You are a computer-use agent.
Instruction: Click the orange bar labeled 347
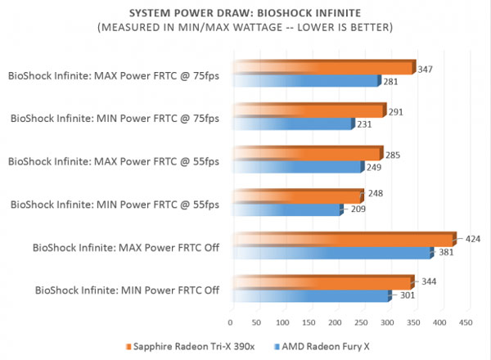coord(323,67)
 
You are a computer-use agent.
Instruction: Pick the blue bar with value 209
coord(286,210)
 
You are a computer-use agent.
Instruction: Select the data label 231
coord(365,124)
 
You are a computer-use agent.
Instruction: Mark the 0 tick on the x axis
coord(231,322)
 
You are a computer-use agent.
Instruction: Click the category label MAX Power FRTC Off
coord(126,246)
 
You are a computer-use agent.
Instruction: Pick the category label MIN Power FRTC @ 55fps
coord(115,204)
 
